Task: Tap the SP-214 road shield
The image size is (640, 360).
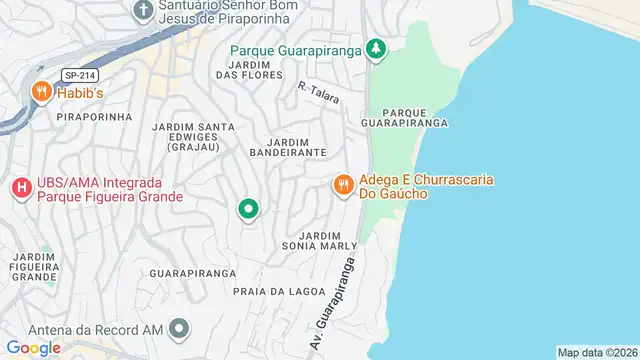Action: pos(73,75)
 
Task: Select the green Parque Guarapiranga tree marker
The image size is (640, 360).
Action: pos(375,48)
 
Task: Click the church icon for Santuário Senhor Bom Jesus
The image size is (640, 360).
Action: pos(143,10)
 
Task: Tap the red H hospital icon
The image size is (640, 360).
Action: pos(20,187)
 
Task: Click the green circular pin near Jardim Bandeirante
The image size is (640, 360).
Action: pos(248,208)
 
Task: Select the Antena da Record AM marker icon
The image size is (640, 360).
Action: pos(179,328)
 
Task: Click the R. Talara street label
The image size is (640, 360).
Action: pos(319,93)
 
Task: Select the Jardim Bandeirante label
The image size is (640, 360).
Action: pos(295,145)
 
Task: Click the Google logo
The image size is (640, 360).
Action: pos(33,347)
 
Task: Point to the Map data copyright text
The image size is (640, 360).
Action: pos(597,352)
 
